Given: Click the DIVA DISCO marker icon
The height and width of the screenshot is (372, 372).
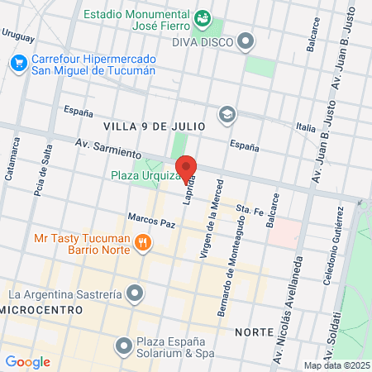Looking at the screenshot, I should (x=246, y=40).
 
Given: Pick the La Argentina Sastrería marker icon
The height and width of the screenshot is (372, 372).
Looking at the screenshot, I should (x=136, y=293).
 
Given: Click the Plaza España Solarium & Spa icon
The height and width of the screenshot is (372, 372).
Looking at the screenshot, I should (x=124, y=345).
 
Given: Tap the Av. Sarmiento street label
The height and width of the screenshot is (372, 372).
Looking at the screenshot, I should (x=107, y=148).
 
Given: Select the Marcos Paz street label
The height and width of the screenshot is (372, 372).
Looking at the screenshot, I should (x=152, y=222).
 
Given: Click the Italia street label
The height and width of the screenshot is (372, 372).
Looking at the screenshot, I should (x=306, y=127).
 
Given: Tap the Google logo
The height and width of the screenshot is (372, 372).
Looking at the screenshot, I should (x=28, y=361).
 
